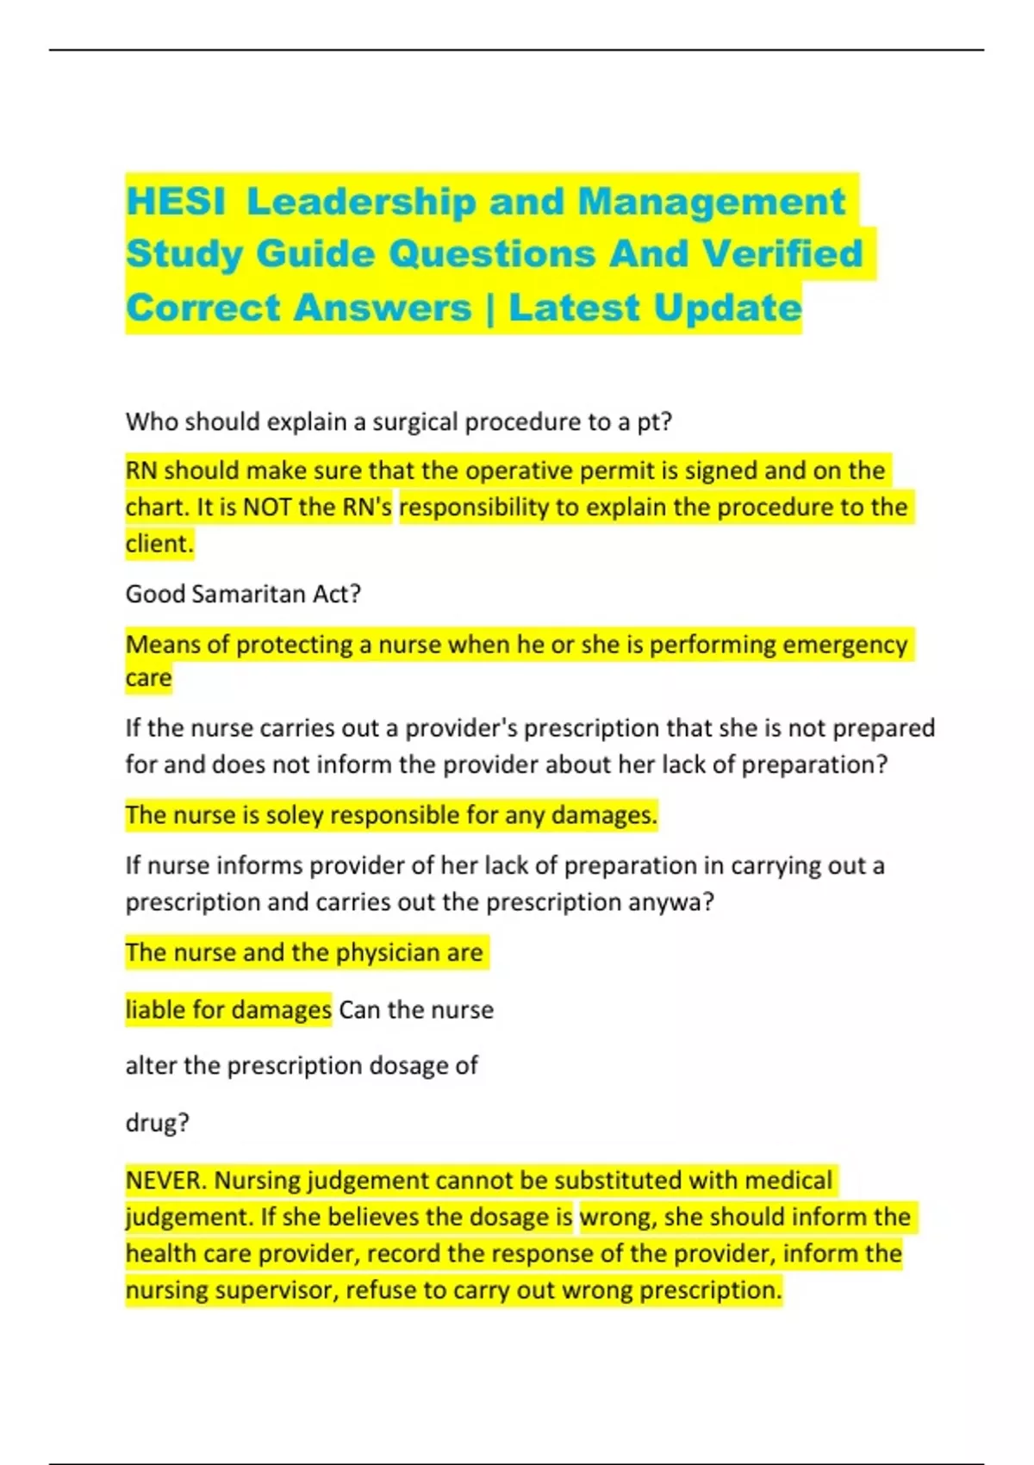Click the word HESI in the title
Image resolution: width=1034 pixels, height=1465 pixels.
tap(176, 202)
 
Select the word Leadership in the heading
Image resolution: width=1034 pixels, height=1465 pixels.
tap(360, 202)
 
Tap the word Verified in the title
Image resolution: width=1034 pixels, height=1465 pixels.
tap(782, 254)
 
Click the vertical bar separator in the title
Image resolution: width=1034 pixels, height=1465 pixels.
tap(490, 308)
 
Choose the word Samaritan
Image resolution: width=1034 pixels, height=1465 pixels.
tap(249, 594)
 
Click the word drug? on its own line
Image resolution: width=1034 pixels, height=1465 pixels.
tap(157, 1123)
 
